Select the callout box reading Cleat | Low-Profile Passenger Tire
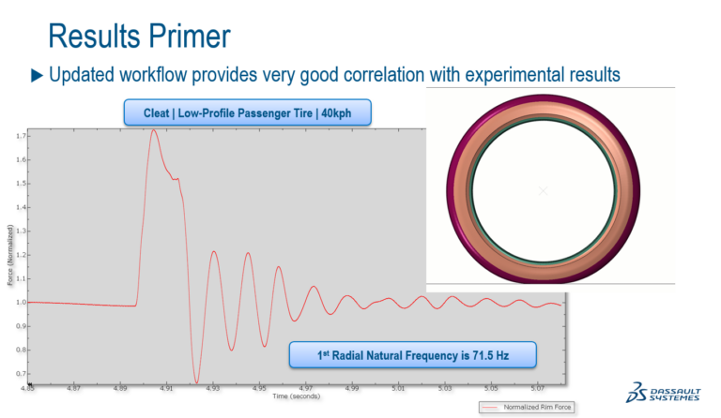tap(248, 112)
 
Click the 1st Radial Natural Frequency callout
tap(412, 353)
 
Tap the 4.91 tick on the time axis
tap(166, 387)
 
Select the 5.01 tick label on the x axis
tap(398, 387)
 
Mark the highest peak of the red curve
tap(154, 129)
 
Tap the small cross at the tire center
tap(543, 190)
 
